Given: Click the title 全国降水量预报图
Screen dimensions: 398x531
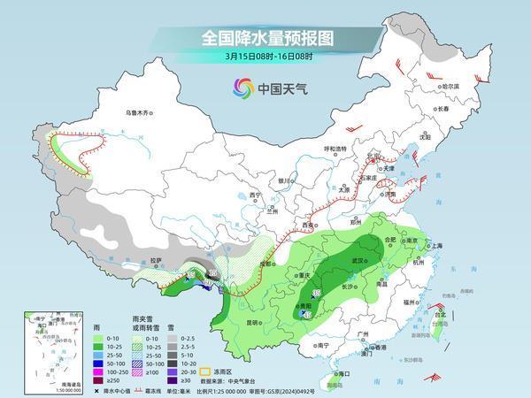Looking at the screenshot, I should click(x=265, y=38).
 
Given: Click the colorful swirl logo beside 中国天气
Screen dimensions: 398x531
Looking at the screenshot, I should click(x=242, y=88).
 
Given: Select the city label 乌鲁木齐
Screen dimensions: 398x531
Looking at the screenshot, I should click(x=138, y=113).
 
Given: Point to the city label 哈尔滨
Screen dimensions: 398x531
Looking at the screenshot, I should click(x=451, y=86).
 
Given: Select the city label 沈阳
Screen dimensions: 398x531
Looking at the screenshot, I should click(x=426, y=137).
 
